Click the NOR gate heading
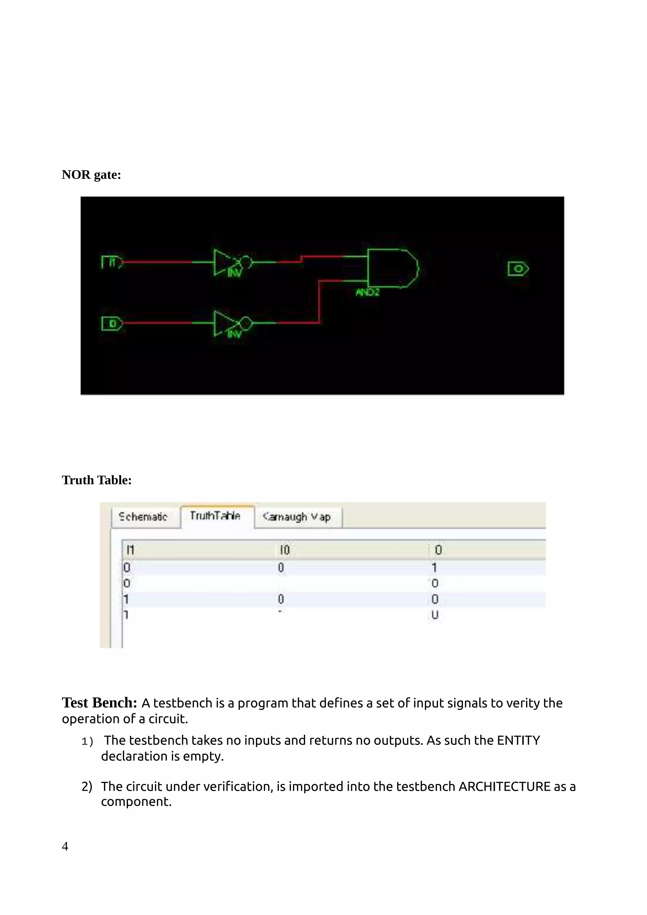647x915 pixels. pyautogui.click(x=91, y=175)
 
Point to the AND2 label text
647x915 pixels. pyautogui.click(x=367, y=292)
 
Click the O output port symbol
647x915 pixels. pyautogui.click(x=518, y=269)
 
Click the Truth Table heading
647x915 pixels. pyautogui.click(x=96, y=480)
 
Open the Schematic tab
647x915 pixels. pyautogui.click(x=143, y=517)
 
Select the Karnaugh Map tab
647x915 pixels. pyautogui.click(x=297, y=517)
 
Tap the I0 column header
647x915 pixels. pyautogui.click(x=284, y=550)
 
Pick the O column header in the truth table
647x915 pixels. pyautogui.click(x=438, y=550)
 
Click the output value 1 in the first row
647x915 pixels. pyautogui.click(x=434, y=567)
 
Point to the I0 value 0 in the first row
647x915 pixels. pyautogui.click(x=281, y=567)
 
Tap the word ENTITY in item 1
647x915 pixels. pyautogui.click(x=518, y=740)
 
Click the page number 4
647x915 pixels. pyautogui.click(x=65, y=846)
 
